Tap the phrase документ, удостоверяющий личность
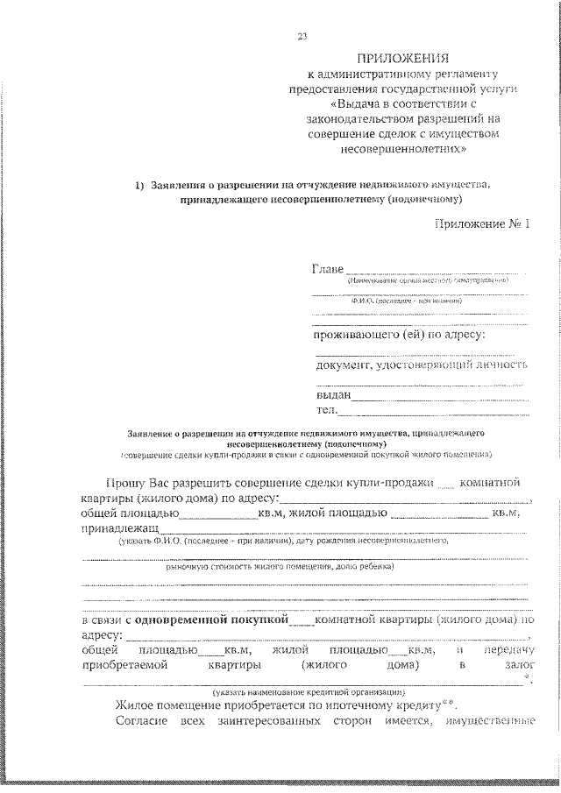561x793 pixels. point(422,365)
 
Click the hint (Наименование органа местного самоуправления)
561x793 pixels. point(427,280)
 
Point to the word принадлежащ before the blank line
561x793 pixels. point(120,529)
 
